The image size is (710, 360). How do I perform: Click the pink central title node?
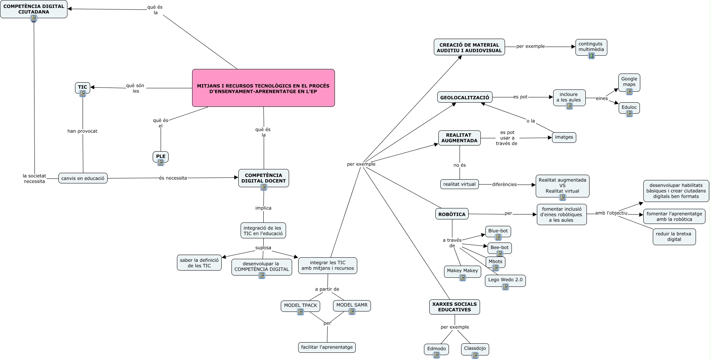point(263,88)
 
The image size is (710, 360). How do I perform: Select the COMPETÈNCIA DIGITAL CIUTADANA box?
point(34,9)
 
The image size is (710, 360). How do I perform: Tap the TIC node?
point(83,87)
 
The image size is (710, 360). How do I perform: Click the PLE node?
point(161,156)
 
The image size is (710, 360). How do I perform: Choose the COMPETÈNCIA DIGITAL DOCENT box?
point(264,178)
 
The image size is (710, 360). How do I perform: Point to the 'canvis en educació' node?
point(83,178)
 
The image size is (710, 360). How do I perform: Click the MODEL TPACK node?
point(300,305)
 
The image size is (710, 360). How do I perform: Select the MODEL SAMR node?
point(352,305)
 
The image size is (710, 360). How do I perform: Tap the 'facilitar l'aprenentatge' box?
point(327,347)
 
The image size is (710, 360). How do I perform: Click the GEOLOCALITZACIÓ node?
point(464,97)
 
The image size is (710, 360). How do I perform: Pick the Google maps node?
point(629,82)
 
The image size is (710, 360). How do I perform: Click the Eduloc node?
point(629,107)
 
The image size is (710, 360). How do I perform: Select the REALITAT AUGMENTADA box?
point(459,138)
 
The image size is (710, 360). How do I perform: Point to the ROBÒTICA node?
point(452,214)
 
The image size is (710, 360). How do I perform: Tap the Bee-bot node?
point(499,247)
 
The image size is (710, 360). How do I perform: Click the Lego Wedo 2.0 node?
point(505,280)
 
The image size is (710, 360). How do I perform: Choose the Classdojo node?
point(475,348)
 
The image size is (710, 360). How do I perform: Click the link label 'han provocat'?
point(82,131)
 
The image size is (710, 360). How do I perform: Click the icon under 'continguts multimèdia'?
point(591,55)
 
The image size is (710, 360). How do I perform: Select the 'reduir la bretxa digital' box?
point(674,236)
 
